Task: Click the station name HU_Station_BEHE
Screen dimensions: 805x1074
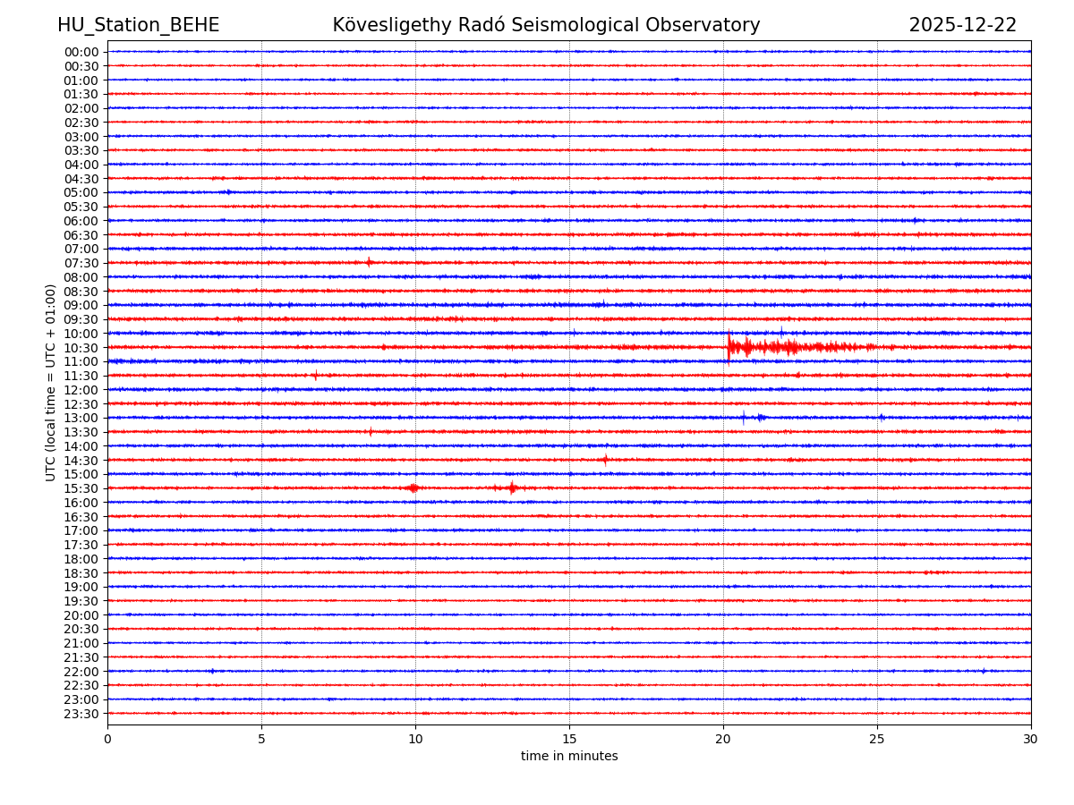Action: click(x=138, y=26)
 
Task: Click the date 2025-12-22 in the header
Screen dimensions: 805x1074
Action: click(x=962, y=26)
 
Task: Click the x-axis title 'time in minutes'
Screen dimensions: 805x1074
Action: click(x=569, y=757)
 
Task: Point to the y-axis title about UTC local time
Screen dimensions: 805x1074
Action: click(x=51, y=382)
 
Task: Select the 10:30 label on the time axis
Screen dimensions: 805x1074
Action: click(x=81, y=348)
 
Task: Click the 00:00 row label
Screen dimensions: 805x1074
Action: click(x=81, y=52)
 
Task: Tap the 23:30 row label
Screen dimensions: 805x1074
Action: click(x=81, y=714)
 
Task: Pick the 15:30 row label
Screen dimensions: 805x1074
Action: click(x=81, y=488)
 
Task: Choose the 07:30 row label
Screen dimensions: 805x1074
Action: click(x=81, y=263)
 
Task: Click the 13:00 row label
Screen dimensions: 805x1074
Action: click(x=81, y=418)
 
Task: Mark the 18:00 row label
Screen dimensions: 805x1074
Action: click(x=81, y=559)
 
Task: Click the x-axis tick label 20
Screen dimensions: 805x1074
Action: click(x=723, y=740)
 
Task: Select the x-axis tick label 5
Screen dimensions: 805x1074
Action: click(x=261, y=740)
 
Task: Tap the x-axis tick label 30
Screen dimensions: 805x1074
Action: click(x=1031, y=740)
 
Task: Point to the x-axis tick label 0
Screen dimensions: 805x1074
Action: click(x=107, y=740)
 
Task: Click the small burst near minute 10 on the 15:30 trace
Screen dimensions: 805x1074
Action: click(x=413, y=487)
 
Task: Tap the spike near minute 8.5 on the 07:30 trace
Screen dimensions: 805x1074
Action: click(x=369, y=262)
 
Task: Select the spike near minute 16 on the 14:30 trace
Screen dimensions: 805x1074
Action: click(x=605, y=460)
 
